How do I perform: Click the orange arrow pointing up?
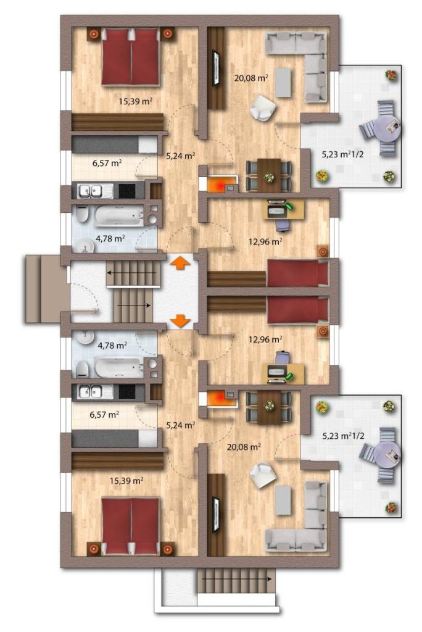180,263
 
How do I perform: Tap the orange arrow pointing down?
180,321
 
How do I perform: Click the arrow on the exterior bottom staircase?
236,579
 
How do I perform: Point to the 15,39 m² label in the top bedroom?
136,101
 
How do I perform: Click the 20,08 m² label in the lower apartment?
244,447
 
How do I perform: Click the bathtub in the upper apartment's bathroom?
119,215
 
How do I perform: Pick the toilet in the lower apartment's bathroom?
82,369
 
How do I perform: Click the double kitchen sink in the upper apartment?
91,191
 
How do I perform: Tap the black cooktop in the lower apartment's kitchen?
126,391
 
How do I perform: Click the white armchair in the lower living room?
263,475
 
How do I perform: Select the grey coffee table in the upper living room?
283,82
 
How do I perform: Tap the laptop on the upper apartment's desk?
276,208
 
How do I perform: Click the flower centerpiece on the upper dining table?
268,176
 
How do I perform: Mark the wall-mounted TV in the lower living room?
216,517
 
